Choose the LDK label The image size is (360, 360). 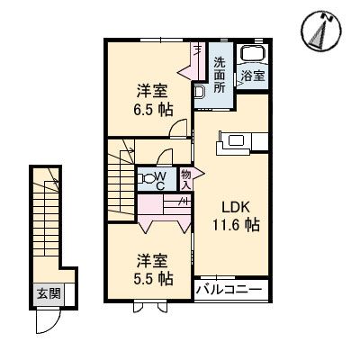[x=237, y=205]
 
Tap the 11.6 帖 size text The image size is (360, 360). [x=237, y=225]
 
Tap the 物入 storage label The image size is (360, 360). [x=185, y=179]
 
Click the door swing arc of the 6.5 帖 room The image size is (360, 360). [x=182, y=128]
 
